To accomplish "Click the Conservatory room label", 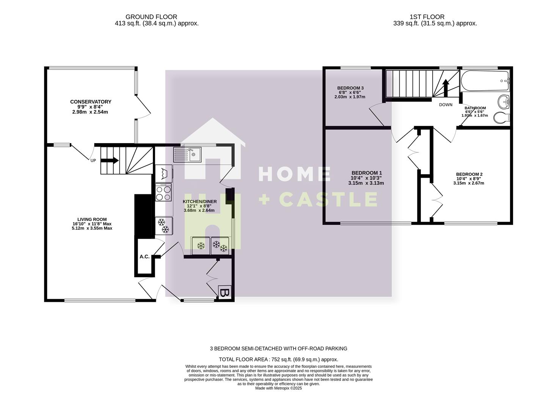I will [91, 102].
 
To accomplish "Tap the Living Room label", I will [92, 219].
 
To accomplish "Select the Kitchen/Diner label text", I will [200, 202].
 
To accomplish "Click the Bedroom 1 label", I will [366, 173].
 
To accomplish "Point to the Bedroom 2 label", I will [469, 174].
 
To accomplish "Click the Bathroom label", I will [475, 108].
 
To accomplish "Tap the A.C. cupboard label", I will [144, 257].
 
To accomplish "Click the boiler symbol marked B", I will [224, 293].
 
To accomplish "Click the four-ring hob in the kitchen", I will [163, 193].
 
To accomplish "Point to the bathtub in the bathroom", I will [485, 80].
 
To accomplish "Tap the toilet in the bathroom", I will [502, 118].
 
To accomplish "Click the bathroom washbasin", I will [504, 101].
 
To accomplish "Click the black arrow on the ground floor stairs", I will [110, 160].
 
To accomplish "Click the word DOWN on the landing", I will [446, 105].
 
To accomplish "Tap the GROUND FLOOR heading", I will [151, 17].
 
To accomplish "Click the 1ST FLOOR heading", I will [427, 17].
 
